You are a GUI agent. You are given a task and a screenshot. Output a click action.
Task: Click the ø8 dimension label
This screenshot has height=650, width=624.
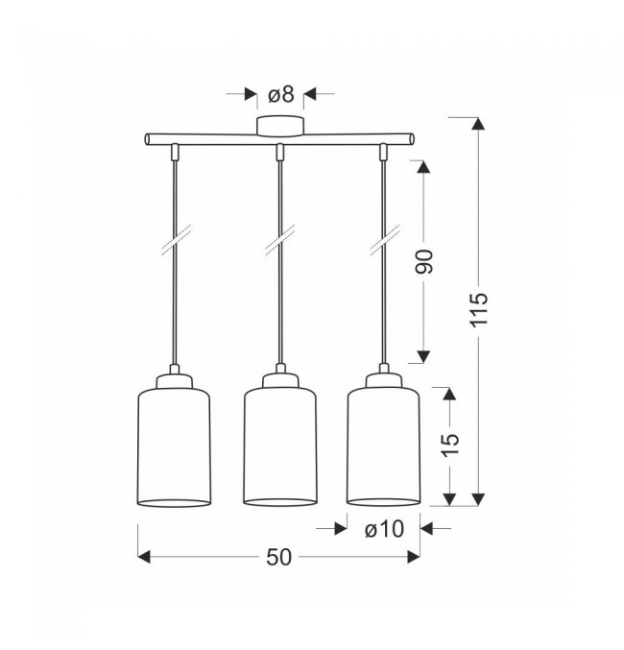click(280, 94)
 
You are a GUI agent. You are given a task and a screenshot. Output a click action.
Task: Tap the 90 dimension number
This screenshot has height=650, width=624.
click(423, 261)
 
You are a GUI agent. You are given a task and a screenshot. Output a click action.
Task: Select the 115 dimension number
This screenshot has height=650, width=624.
click(479, 310)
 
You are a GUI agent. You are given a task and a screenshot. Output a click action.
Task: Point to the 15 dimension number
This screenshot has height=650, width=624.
click(450, 445)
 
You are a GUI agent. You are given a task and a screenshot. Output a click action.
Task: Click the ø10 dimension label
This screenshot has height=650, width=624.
click(384, 529)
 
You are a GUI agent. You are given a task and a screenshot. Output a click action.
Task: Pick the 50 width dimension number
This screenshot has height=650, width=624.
click(279, 557)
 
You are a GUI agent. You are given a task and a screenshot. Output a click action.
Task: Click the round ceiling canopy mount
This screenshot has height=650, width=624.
click(280, 126)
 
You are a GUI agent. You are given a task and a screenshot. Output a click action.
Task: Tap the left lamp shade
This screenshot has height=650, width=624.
click(174, 447)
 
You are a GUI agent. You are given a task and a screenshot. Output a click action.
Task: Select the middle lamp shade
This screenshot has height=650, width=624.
click(280, 447)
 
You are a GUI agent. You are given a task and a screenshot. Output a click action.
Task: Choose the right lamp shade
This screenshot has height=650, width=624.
click(384, 447)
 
